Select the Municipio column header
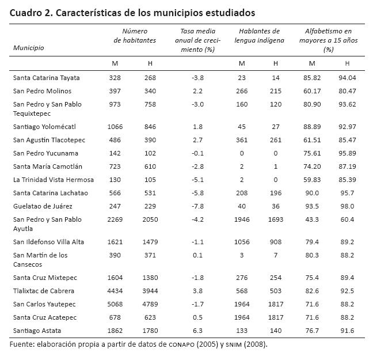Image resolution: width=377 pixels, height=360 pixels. click(29, 48)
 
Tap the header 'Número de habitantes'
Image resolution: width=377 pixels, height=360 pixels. click(135, 36)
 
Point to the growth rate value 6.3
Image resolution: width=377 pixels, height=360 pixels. click(197, 330)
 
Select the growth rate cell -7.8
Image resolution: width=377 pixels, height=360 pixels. click(197, 206)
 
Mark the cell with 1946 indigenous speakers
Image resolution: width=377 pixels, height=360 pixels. click(241, 219)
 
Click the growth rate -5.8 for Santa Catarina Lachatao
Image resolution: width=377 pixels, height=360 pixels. click(197, 192)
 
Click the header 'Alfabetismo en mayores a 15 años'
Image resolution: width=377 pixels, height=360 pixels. click(329, 40)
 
